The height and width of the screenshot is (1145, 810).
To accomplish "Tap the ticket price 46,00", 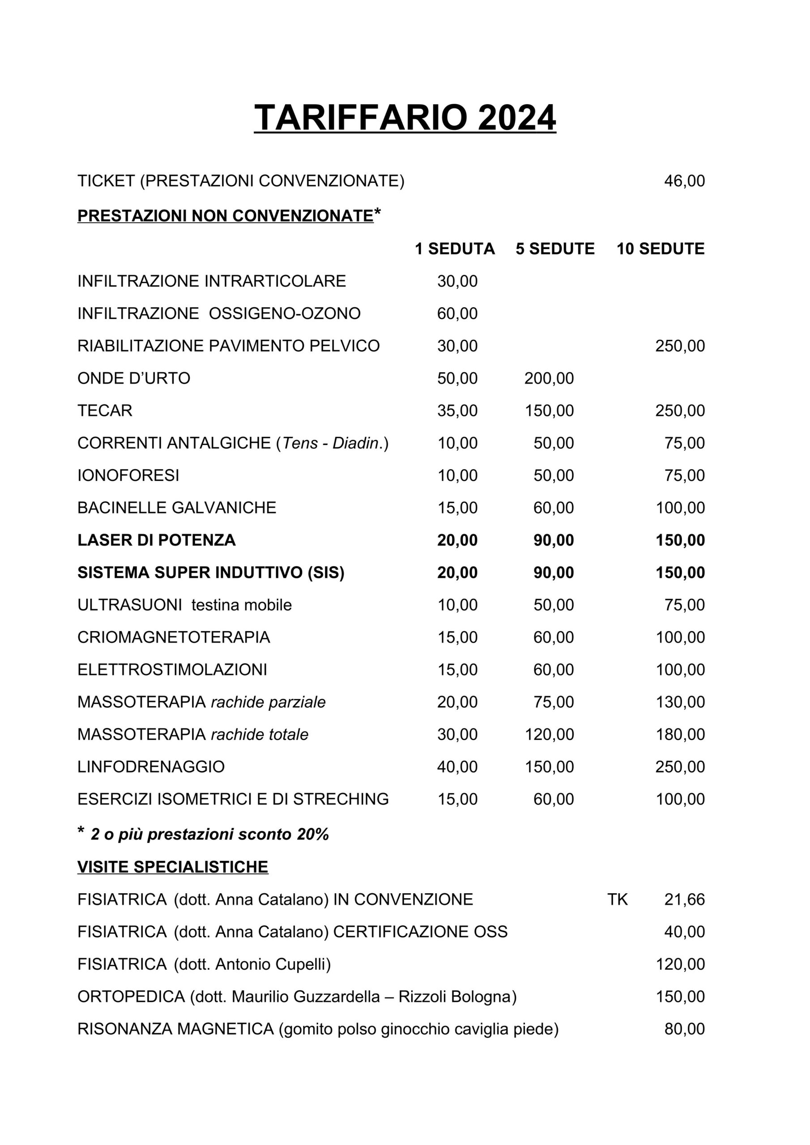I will pos(684,181).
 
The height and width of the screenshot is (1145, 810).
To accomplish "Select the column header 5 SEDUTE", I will pos(555,249).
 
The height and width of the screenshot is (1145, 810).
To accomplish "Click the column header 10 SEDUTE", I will pos(660,249).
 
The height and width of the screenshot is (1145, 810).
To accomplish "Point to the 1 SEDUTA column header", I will pos(455,249).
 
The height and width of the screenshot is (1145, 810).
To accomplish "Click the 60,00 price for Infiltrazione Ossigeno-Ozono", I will pos(457,314).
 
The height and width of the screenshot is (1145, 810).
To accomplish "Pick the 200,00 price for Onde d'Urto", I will pos(549,378).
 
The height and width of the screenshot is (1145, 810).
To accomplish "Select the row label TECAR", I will pos(105,411).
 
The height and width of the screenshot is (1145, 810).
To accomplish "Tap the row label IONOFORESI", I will pos(128,476).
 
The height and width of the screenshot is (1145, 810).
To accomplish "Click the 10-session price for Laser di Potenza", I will pos(680,541).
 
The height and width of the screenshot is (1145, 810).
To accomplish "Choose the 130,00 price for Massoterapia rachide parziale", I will pos(680,703).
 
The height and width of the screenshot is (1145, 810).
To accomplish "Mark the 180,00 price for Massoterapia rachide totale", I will pos(680,735).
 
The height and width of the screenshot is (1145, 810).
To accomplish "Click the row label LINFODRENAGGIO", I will pos(151,767).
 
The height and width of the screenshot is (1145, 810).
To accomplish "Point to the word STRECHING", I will pos(341,799).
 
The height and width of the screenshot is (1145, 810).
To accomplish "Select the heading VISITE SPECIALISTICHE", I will pos(173,867).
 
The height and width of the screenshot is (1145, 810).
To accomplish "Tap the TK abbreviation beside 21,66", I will pos(618,899).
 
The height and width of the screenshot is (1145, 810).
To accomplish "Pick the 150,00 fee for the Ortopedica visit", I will pos(680,997).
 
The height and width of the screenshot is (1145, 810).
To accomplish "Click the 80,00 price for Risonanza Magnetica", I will pos(684,1029).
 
